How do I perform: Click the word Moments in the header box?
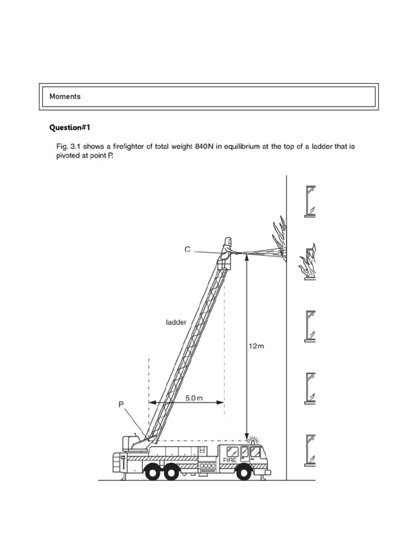[65, 96]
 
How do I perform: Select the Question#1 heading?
[69, 127]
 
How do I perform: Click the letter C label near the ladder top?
[187, 249]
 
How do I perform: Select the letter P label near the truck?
[121, 404]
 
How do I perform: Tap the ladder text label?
[176, 322]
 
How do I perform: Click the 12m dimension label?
[256, 346]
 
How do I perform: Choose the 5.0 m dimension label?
[194, 398]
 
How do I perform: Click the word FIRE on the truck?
[229, 460]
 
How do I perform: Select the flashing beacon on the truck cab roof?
[253, 439]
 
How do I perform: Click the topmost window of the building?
[310, 201]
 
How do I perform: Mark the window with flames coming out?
[309, 264]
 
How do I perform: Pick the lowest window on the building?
[310, 450]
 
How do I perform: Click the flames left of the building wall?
[279, 235]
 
